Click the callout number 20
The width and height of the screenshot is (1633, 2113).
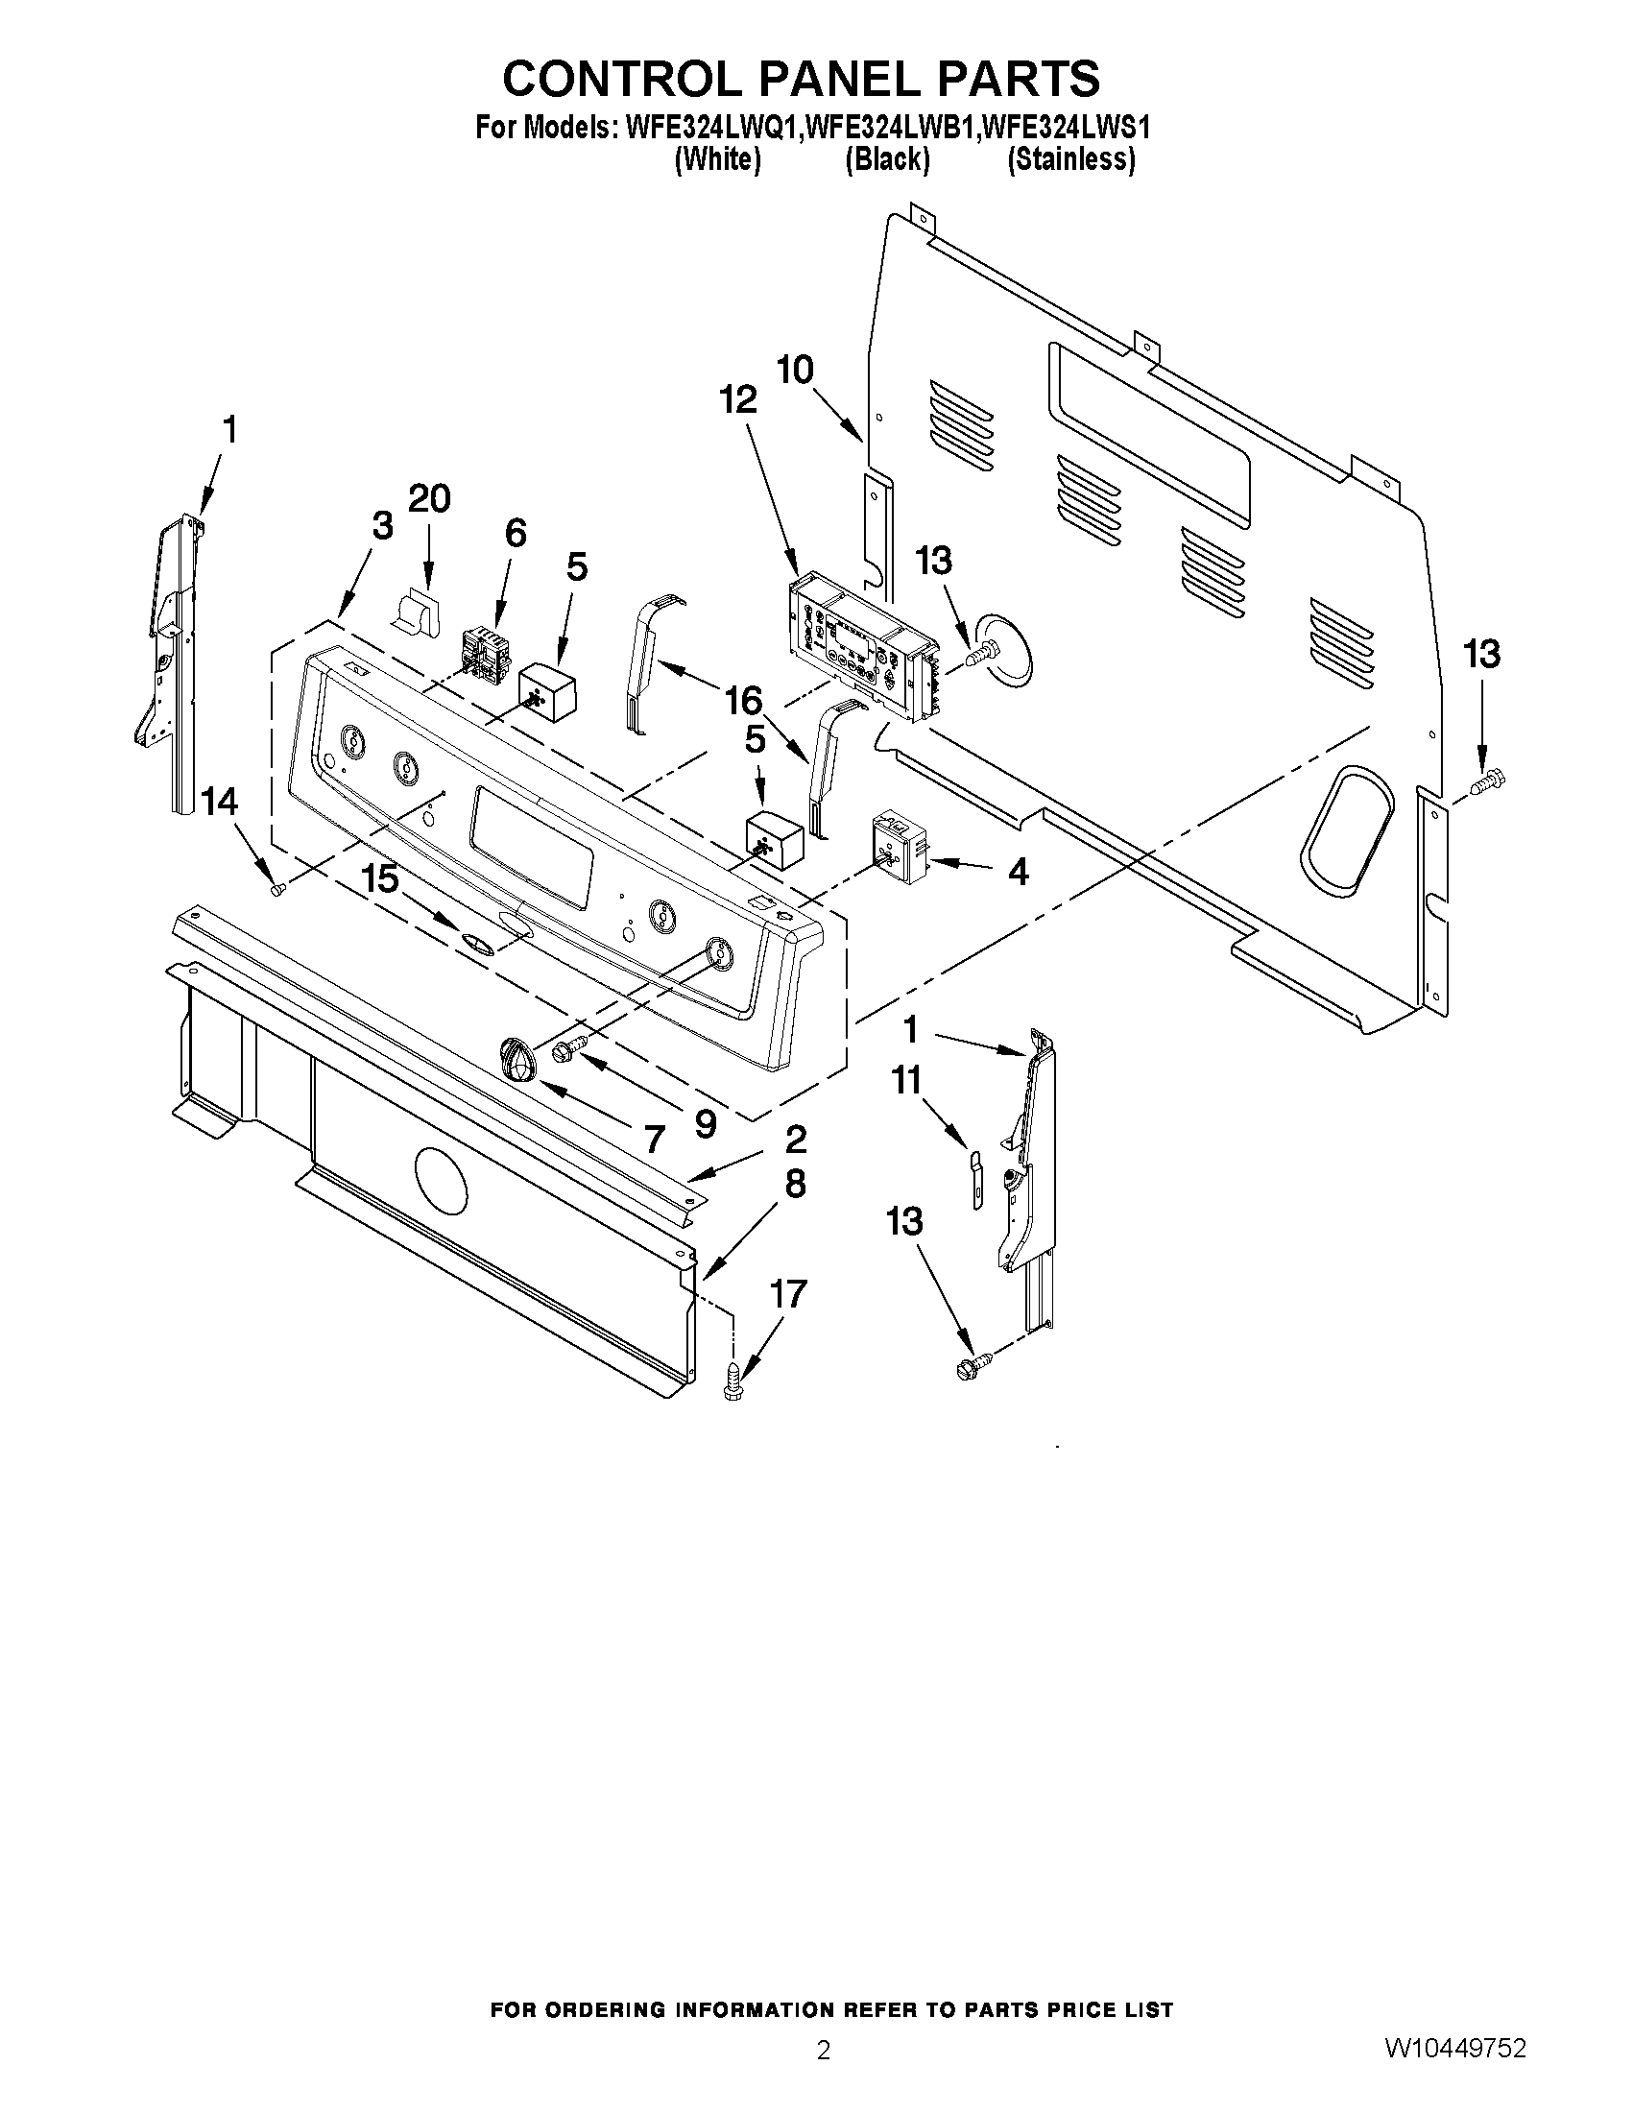pyautogui.click(x=428, y=499)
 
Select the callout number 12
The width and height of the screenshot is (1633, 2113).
pyautogui.click(x=738, y=399)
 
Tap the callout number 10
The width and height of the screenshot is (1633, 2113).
pyautogui.click(x=795, y=370)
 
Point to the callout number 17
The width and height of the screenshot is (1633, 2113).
pyautogui.click(x=787, y=1293)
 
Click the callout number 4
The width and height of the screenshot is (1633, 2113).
pyautogui.click(x=1018, y=872)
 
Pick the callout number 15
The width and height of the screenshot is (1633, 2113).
pyautogui.click(x=380, y=878)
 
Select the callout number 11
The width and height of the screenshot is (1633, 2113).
pyautogui.click(x=906, y=1080)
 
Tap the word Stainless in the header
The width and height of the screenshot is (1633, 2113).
pyautogui.click(x=1070, y=159)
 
